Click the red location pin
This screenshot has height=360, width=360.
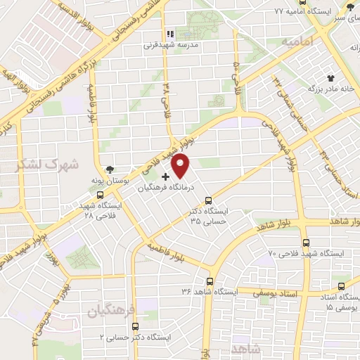click(x=181, y=166)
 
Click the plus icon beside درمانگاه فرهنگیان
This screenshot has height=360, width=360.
click(x=165, y=176)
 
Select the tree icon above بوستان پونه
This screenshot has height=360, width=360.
click(x=110, y=169)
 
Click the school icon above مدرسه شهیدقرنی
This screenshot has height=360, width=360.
click(x=169, y=32)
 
